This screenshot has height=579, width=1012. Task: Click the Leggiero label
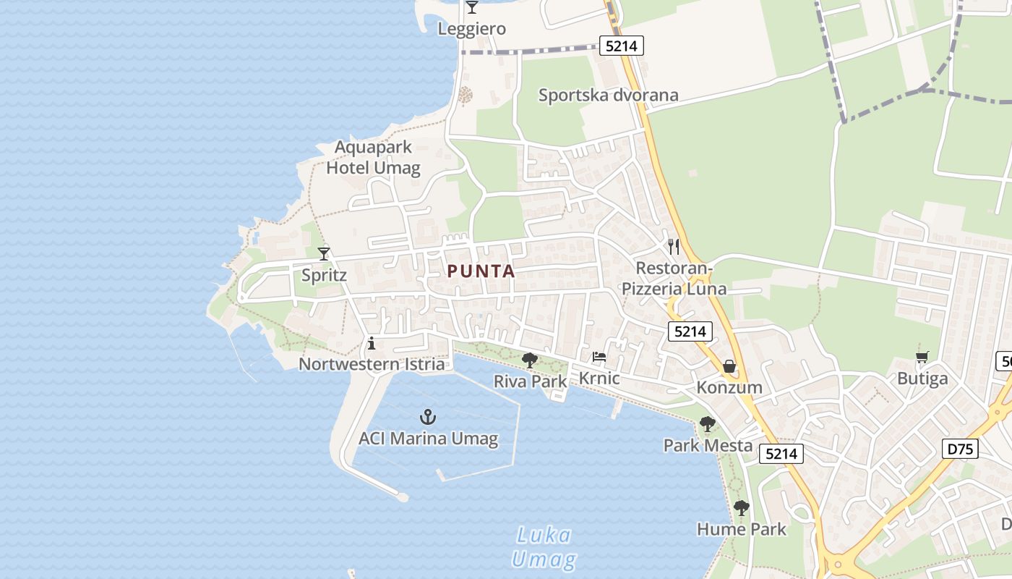(x=472, y=29)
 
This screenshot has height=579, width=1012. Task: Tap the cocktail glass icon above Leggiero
(x=472, y=8)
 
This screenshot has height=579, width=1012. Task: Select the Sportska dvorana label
(x=609, y=95)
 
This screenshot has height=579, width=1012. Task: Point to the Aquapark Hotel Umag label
(x=373, y=158)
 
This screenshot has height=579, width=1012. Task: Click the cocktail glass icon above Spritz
(x=324, y=254)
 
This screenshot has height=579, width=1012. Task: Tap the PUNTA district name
(x=481, y=271)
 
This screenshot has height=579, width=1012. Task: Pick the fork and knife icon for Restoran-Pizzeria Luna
(x=674, y=247)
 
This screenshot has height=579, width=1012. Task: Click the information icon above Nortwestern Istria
(x=372, y=343)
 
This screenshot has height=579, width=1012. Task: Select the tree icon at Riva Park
(x=530, y=360)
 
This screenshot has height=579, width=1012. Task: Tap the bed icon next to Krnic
(x=599, y=357)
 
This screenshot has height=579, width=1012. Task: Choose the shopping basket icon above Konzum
(x=729, y=366)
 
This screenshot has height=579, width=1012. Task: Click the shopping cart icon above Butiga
(x=922, y=357)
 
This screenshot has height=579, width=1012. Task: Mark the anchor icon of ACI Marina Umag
(x=429, y=417)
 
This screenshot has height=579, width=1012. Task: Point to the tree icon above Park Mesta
(x=708, y=424)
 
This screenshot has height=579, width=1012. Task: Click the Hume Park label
(x=742, y=529)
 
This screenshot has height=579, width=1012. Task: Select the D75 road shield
(x=961, y=449)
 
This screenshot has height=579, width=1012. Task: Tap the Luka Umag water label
(x=544, y=547)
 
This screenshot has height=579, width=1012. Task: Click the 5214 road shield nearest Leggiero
(x=621, y=46)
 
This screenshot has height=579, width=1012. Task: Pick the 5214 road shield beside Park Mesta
(x=781, y=454)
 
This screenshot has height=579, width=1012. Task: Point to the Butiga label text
(x=922, y=378)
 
